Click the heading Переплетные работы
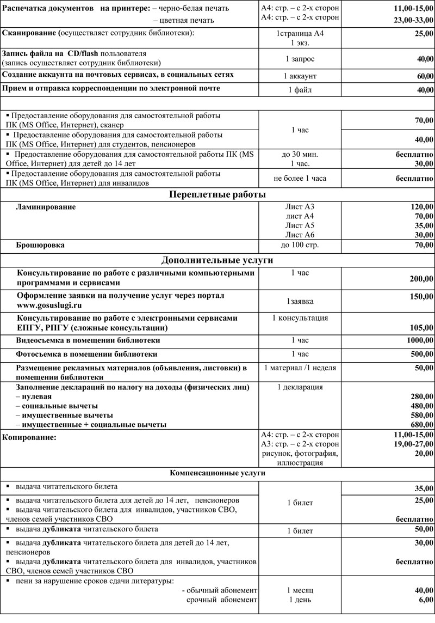point(217,194)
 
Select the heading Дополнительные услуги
point(217,260)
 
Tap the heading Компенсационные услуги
point(217,473)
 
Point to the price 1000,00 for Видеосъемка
point(420,340)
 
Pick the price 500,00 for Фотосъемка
point(422,354)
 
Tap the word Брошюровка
point(41,246)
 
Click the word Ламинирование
point(46,207)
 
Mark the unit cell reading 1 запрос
point(300,58)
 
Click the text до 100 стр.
point(300,246)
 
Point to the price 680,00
point(422,425)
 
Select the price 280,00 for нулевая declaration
point(422,396)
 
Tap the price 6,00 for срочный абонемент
point(426,600)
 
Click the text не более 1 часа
point(300,178)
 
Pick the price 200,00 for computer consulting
point(422,279)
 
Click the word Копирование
point(30,437)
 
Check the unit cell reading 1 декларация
point(300,387)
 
